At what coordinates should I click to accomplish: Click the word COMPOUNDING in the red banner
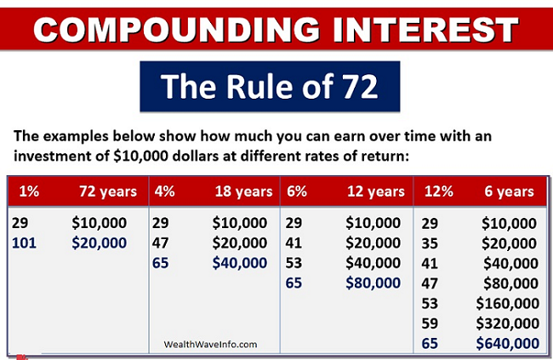(177, 29)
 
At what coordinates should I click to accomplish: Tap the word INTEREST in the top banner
(425, 29)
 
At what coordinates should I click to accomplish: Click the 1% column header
(29, 191)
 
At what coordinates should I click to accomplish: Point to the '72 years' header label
(108, 191)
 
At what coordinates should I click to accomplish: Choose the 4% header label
(165, 191)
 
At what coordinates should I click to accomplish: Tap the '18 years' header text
(243, 191)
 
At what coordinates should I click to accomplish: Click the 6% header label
(297, 191)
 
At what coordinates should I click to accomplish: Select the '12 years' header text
(376, 191)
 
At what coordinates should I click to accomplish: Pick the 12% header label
(439, 191)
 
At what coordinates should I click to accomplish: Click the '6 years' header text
(510, 191)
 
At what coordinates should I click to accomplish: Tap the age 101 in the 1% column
(24, 243)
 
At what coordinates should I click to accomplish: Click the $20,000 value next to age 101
(99, 243)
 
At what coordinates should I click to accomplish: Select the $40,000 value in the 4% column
(240, 263)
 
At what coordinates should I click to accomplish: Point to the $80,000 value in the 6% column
(373, 283)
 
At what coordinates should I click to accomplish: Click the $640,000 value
(508, 344)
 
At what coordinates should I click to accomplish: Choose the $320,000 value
(508, 323)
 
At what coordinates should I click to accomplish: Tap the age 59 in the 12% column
(430, 323)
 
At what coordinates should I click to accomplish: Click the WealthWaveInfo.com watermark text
(210, 345)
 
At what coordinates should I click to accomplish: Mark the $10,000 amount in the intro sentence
(140, 156)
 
